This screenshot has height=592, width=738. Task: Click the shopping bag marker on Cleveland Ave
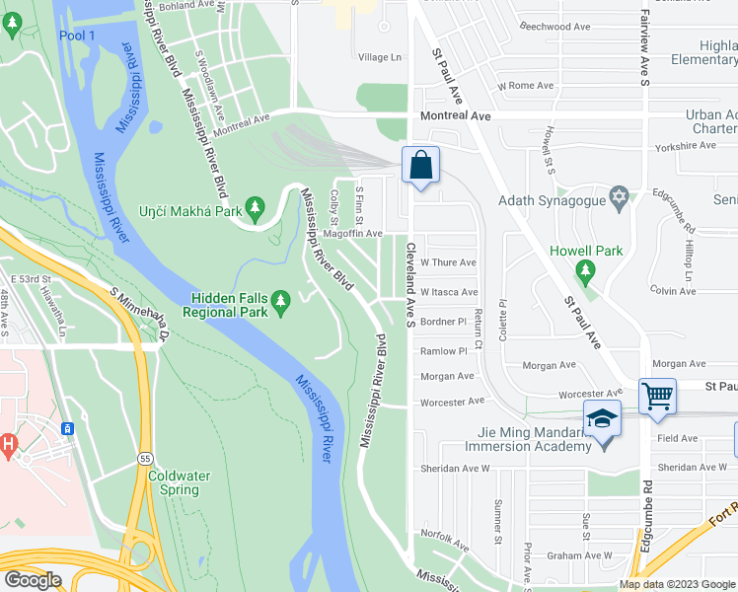click(421, 165)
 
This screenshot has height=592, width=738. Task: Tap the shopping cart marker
click(657, 397)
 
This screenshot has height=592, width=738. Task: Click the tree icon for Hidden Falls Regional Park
click(280, 298)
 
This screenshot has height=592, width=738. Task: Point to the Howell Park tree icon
click(586, 269)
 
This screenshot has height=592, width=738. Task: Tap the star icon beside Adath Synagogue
click(619, 199)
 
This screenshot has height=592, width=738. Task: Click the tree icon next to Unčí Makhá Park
click(256, 206)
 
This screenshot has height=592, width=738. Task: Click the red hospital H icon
click(10, 446)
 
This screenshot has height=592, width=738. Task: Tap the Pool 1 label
click(77, 36)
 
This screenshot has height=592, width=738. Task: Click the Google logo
click(33, 580)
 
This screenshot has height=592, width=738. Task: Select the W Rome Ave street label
click(526, 86)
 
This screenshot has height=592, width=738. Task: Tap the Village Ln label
click(380, 57)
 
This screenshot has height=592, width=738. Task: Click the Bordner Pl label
click(442, 322)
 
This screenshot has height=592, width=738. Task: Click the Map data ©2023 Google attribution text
click(677, 584)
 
